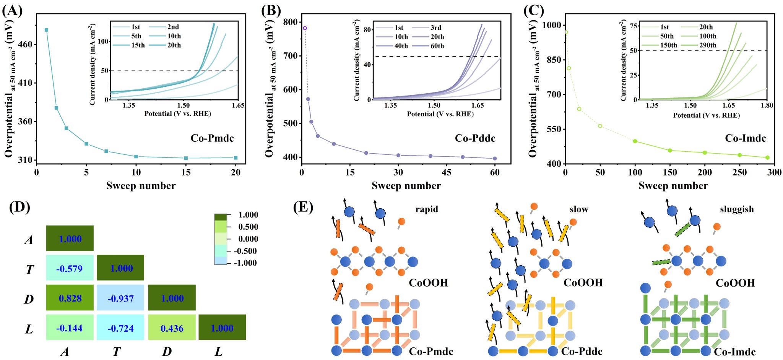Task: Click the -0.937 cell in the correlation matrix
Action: [120, 298]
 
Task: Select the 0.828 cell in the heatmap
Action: [70, 298]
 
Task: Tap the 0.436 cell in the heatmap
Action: [172, 328]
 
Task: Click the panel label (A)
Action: [12, 10]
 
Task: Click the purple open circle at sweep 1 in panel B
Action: [305, 28]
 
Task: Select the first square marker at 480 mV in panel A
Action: [46, 30]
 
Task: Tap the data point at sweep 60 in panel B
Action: [495, 158]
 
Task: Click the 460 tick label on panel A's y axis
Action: [26, 44]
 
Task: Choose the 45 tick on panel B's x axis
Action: [447, 172]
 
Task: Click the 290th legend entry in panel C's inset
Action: [708, 45]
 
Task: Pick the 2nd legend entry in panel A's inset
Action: [173, 27]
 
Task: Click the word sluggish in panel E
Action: [736, 209]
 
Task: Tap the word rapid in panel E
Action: [427, 209]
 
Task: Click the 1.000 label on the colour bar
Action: [248, 215]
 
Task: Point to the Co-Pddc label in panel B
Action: [475, 138]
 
